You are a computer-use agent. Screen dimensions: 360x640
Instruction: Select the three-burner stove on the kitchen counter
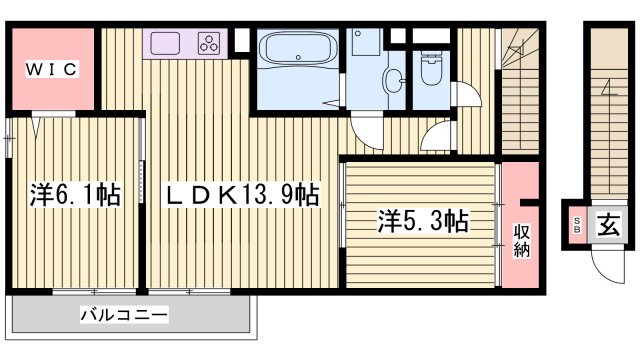pyautogui.click(x=209, y=43)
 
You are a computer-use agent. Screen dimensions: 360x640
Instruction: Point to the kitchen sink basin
pyautogui.click(x=164, y=43)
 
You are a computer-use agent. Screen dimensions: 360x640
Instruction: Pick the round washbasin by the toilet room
pyautogui.click(x=392, y=79)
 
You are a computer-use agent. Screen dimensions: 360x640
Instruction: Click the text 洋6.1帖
pyautogui.click(x=74, y=194)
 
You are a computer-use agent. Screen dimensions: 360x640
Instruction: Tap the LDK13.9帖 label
pyautogui.click(x=240, y=194)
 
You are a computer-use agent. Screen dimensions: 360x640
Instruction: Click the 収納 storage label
pyautogui.click(x=521, y=240)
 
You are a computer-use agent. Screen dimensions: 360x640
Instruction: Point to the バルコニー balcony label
pyautogui.click(x=124, y=314)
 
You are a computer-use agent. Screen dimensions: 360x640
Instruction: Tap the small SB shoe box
pyautogui.click(x=577, y=224)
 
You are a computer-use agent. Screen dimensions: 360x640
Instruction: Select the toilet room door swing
pyautogui.click(x=466, y=96)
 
